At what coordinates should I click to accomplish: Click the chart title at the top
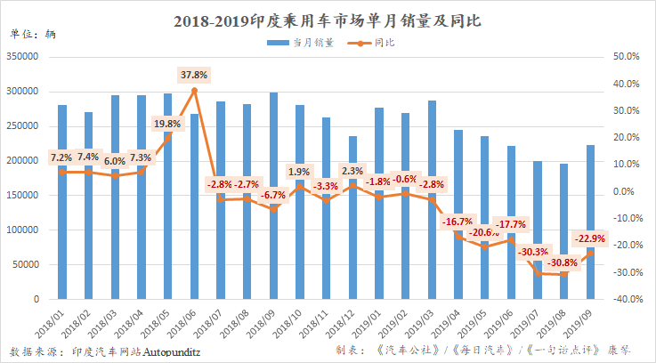click(x=328, y=19)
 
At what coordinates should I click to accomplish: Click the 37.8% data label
click(x=193, y=75)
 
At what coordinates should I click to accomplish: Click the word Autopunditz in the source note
click(x=174, y=351)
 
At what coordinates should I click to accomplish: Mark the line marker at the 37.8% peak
click(x=194, y=90)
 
